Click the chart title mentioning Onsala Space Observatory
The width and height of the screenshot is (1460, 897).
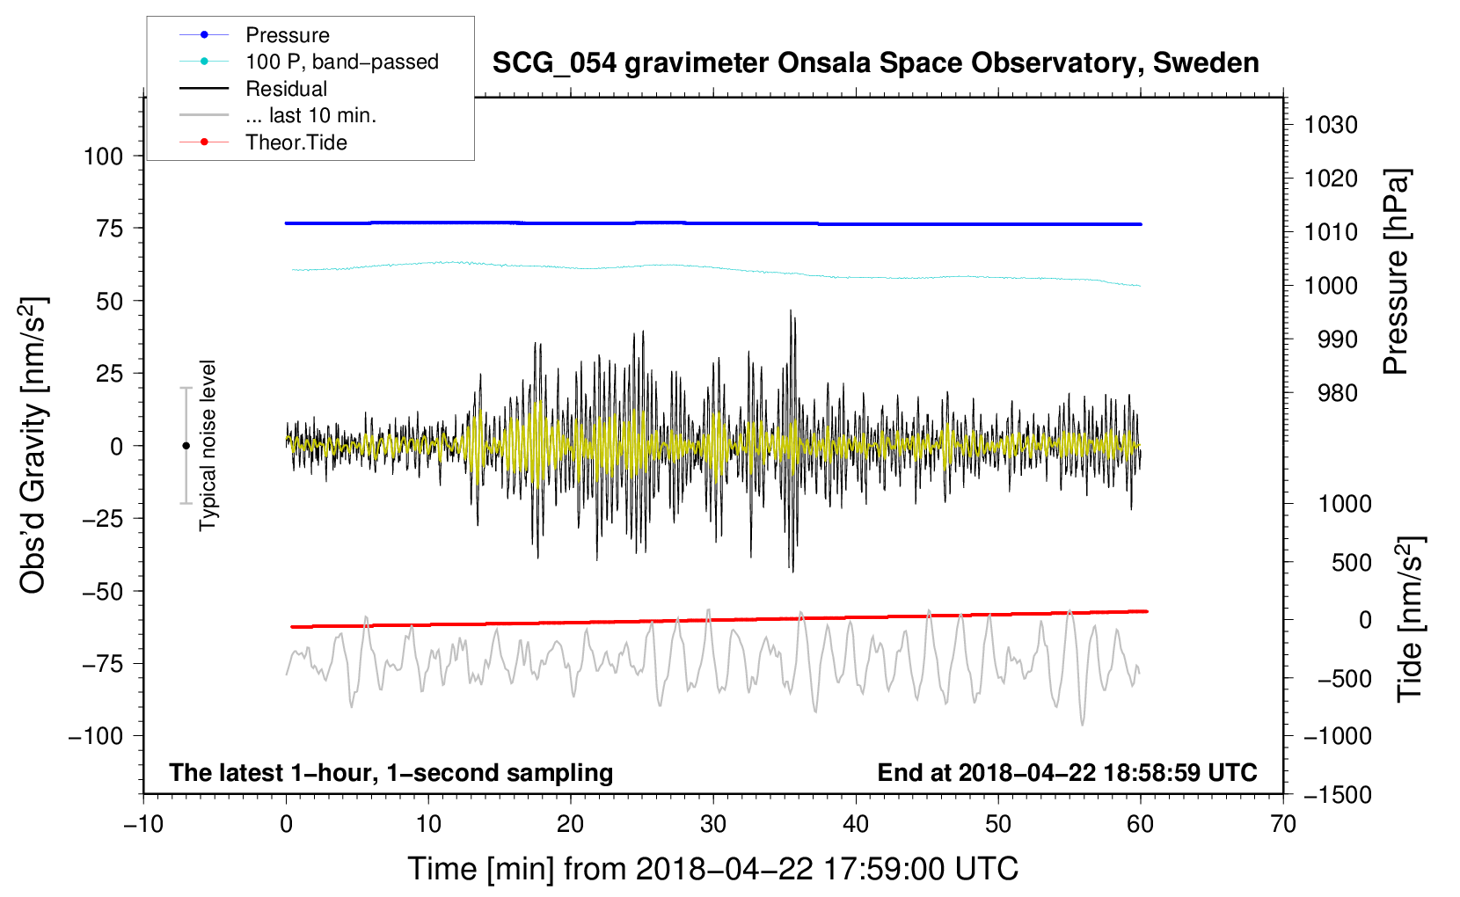point(875,63)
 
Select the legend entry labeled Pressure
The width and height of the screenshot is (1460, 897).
point(288,35)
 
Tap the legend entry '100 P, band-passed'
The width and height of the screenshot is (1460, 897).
point(341,62)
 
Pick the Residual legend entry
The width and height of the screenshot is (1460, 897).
point(286,89)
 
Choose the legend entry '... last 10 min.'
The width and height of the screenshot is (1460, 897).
point(310,115)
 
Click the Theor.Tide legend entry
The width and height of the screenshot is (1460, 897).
point(296,142)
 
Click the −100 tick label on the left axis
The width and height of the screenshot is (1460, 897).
point(96,736)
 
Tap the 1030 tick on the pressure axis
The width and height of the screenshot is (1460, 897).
point(1331,125)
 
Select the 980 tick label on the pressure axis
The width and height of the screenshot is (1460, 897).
point(1337,393)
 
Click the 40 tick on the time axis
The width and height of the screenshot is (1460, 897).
point(856,824)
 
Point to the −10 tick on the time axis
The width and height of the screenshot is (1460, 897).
point(143,824)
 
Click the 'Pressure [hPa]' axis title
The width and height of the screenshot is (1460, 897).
point(1396,272)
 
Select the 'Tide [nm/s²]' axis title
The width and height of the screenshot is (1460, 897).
point(1411,618)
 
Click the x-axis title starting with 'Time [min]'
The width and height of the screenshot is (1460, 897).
point(712,869)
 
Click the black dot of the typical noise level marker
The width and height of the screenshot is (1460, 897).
point(186,446)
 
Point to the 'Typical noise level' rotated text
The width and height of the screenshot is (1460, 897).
point(208,445)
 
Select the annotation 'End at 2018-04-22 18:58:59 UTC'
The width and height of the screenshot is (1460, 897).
point(1067,772)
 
